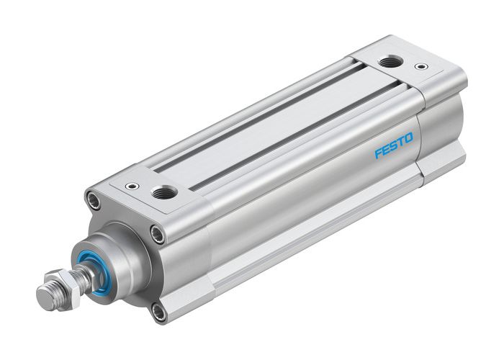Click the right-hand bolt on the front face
[x=156, y=232]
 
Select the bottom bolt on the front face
[x=158, y=312]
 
